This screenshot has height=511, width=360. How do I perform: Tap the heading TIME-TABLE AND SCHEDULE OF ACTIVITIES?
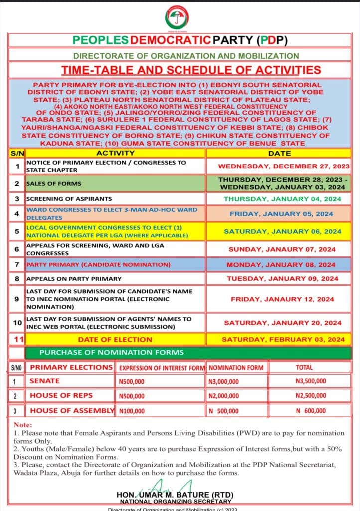[191, 70]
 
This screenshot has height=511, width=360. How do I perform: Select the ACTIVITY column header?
[115, 153]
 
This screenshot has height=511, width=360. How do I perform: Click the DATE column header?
[279, 153]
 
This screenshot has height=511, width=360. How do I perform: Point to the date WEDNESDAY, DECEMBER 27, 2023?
[284, 166]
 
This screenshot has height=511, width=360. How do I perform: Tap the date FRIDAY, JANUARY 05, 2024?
[281, 214]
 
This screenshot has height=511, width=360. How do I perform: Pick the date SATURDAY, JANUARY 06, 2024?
[282, 231]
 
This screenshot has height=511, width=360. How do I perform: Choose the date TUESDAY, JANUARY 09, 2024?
[282, 279]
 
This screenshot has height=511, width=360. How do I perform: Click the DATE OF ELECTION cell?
[115, 339]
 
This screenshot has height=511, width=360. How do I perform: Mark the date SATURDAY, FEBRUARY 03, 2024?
[283, 339]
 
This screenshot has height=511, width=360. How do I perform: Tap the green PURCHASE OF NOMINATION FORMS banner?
[112, 353]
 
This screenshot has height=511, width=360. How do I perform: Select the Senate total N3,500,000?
[311, 381]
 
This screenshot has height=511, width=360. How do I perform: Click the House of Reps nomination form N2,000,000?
[224, 396]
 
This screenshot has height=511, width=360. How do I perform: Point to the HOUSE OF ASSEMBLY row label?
[72, 411]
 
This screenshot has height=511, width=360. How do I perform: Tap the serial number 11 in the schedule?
[17, 339]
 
